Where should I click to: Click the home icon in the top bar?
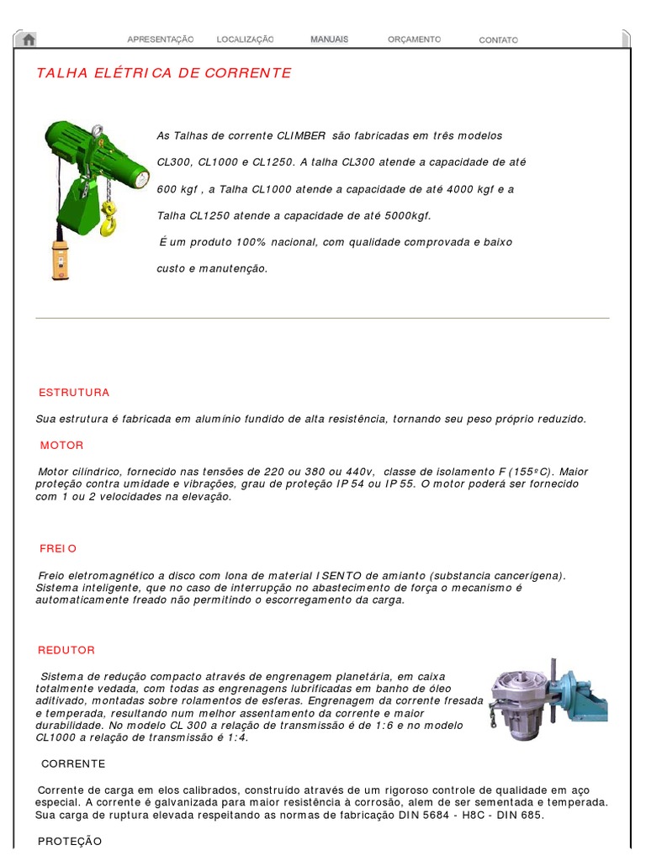click(29, 40)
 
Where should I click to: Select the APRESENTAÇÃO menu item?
click(161, 40)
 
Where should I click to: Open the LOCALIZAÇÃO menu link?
click(246, 40)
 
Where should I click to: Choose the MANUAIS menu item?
click(329, 40)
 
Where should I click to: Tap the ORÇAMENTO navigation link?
click(414, 40)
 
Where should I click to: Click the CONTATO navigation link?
click(499, 40)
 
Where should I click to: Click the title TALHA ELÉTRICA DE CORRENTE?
click(164, 73)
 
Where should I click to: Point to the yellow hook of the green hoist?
click(109, 222)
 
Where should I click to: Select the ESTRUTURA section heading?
click(75, 393)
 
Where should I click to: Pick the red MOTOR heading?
click(62, 446)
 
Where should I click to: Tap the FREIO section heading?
click(59, 548)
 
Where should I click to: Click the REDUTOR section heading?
click(67, 650)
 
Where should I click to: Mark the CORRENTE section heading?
click(73, 763)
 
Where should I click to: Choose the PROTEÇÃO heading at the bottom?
click(71, 841)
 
